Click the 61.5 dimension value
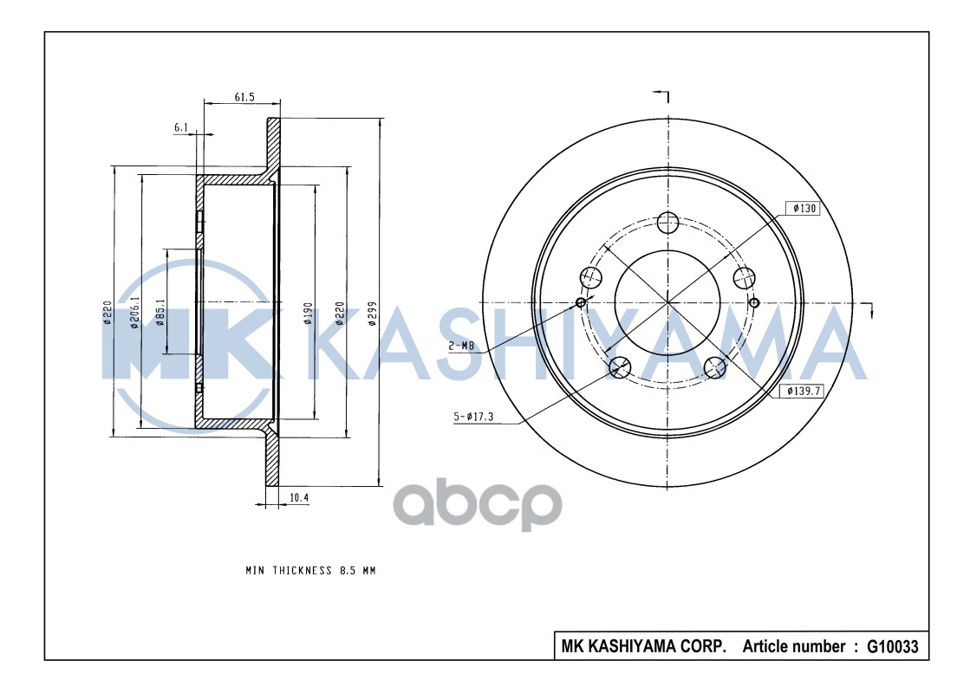[244, 97]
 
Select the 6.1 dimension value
[181, 127]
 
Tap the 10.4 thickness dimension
[299, 497]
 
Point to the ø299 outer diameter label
[371, 314]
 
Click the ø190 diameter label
[308, 314]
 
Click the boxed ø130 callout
[802, 209]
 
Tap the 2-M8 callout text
[461, 346]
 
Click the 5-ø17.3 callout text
[473, 418]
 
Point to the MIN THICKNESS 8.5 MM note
[309, 571]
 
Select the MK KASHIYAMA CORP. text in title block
[643, 646]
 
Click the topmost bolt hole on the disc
[667, 223]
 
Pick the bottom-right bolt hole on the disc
[715, 367]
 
